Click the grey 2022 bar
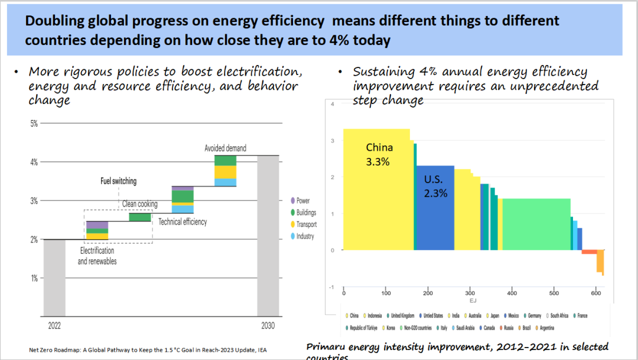(x=54, y=277)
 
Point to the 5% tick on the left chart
(x=34, y=124)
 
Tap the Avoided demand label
(x=225, y=148)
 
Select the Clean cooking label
(x=139, y=204)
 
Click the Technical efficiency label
(x=183, y=222)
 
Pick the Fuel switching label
(x=118, y=181)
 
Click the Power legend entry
(x=302, y=201)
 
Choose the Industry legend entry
(x=305, y=236)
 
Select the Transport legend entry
(x=306, y=225)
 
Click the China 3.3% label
(x=379, y=154)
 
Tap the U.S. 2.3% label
(x=435, y=186)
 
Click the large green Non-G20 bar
(x=536, y=224)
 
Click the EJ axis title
(x=473, y=301)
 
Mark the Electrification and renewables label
(x=97, y=256)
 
